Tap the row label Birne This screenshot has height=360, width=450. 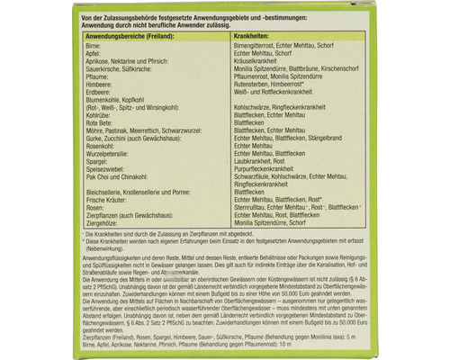(x=65, y=44)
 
